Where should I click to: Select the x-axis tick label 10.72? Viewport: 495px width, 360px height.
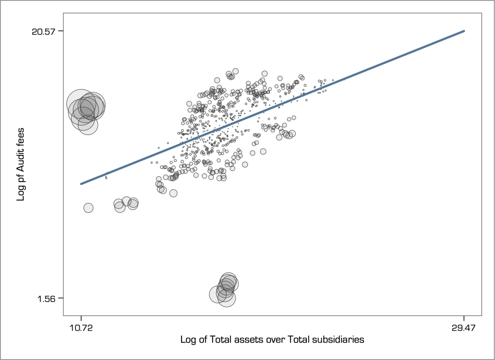(x=81, y=328)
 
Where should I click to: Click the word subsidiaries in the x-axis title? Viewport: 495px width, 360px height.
(x=334, y=339)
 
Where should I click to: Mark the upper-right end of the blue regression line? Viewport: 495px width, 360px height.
(x=464, y=31)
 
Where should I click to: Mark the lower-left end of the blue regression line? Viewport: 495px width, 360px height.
(x=81, y=184)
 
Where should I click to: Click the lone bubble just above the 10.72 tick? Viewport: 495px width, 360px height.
(x=88, y=208)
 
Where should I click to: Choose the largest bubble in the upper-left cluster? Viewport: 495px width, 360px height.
(x=81, y=104)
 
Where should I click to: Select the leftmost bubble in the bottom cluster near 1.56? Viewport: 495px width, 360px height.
(x=218, y=294)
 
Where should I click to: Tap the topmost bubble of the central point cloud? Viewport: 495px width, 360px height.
(x=236, y=71)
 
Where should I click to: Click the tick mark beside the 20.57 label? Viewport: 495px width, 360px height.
(x=60, y=31)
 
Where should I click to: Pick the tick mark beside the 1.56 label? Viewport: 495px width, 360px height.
(x=60, y=298)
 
